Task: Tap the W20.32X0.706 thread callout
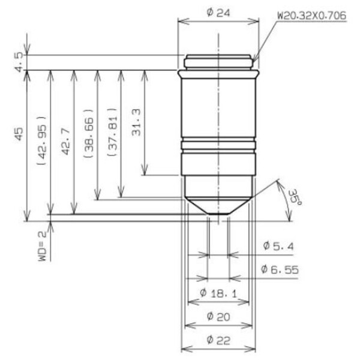(x=311, y=16)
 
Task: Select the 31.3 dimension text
(x=136, y=121)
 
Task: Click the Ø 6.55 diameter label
(x=280, y=269)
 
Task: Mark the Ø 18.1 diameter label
(x=218, y=293)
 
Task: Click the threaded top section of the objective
(x=218, y=61)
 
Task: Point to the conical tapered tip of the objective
(x=218, y=204)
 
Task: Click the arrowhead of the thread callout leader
(x=254, y=61)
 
